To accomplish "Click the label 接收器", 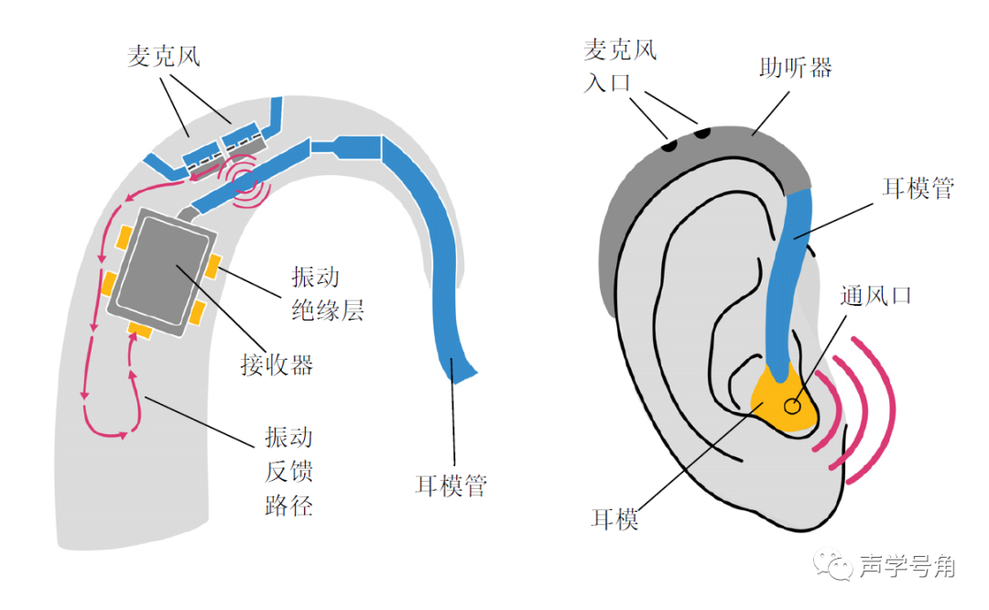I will pos(277,365).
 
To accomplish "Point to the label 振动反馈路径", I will pos(289,471).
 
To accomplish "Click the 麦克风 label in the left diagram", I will pos(163,57).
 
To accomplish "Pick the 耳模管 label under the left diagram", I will pos(451,484).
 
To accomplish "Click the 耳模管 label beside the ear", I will pos(917,189).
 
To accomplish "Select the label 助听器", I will pos(795,67).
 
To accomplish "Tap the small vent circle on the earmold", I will pos(792,404).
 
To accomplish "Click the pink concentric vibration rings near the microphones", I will pos(245,184).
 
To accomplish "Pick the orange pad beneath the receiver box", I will pos(140,329).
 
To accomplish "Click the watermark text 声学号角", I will pos(907,567).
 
